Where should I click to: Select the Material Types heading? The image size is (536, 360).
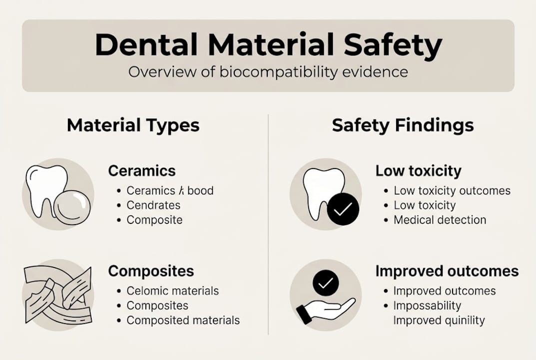click(133, 125)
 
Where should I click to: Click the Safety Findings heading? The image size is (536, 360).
click(403, 125)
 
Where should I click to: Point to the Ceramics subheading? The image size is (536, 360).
click(142, 171)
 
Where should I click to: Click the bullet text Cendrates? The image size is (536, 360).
click(153, 205)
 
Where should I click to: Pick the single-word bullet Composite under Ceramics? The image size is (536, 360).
click(154, 220)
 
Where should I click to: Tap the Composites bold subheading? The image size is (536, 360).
click(151, 271)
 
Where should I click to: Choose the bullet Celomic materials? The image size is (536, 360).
click(172, 291)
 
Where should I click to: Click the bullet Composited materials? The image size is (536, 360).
click(183, 320)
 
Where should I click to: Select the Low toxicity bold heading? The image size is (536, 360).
click(418, 171)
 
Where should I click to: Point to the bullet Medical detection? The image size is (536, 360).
click(440, 220)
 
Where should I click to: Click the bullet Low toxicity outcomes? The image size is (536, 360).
click(452, 190)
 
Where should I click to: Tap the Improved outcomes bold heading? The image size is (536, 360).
click(447, 271)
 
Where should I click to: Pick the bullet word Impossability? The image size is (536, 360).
click(427, 305)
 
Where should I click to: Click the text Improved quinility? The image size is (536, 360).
click(439, 320)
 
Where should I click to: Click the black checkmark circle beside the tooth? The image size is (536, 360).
click(343, 210)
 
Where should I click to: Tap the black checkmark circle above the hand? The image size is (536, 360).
click(326, 283)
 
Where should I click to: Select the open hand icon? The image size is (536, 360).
click(325, 310)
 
